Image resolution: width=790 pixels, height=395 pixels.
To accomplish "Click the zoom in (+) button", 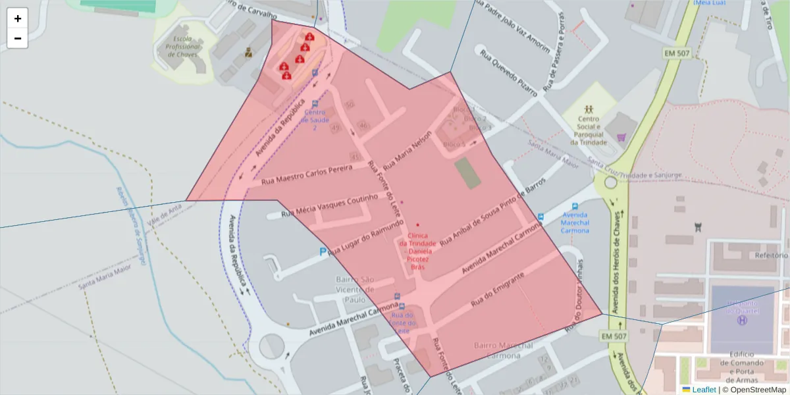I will [x=18, y=18].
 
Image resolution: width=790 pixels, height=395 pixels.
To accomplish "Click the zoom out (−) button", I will [x=18, y=38].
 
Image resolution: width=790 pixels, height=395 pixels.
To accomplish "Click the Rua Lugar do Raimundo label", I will [x=365, y=238].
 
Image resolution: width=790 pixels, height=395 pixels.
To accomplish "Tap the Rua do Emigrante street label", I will [x=498, y=290].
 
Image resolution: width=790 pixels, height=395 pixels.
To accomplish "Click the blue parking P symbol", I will [x=322, y=251].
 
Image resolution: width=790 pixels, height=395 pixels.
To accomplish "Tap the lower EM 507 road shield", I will [x=614, y=336].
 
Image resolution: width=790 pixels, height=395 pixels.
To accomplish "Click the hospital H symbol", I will [x=742, y=321].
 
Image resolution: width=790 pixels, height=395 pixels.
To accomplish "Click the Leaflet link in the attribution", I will [x=703, y=389].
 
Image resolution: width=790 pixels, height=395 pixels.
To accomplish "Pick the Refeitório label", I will [x=772, y=255].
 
